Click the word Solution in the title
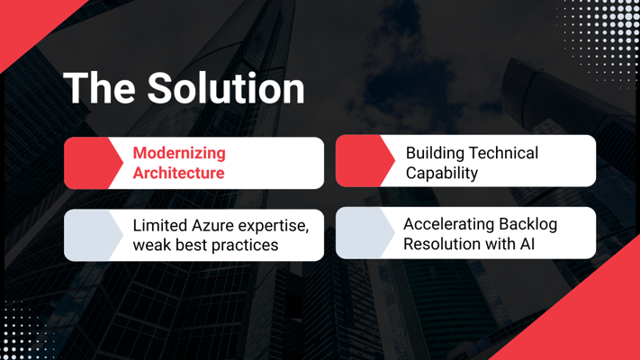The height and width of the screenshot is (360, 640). [x=226, y=88]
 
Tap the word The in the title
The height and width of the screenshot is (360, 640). [x=100, y=88]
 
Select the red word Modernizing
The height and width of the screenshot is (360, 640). [x=179, y=153]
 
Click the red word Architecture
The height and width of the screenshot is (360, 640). [x=179, y=173]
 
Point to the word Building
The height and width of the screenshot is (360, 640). [x=435, y=154]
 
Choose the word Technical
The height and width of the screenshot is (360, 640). [x=504, y=153]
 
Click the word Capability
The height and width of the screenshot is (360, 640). [x=442, y=173]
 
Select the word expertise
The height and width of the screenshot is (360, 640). [x=274, y=226]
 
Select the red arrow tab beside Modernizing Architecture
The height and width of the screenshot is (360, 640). [x=94, y=163]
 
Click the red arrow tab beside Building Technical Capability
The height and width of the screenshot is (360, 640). [x=365, y=161]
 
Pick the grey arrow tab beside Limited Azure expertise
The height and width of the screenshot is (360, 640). [x=94, y=235]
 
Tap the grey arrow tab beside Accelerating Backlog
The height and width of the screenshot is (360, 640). [x=365, y=233]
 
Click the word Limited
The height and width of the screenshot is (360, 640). [x=159, y=225]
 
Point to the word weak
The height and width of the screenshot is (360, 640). [x=152, y=245]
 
